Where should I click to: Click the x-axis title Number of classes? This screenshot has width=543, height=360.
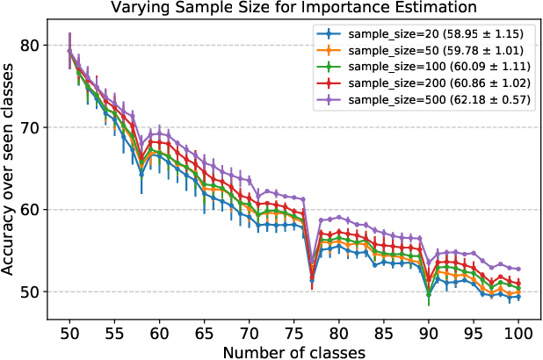click(293, 351)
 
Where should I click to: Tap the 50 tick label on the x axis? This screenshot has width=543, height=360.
click(69, 333)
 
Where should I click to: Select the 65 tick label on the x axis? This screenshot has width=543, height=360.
click(204, 333)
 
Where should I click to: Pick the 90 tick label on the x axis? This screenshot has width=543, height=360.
click(429, 333)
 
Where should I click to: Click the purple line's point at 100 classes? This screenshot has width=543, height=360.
click(518, 269)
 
